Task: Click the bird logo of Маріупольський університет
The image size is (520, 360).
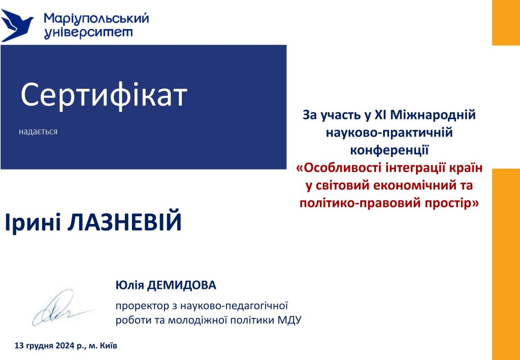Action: tap(17, 25)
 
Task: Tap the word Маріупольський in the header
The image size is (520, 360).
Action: tap(96, 19)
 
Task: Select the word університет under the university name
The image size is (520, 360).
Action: tap(88, 34)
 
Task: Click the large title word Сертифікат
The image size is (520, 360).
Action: tap(104, 95)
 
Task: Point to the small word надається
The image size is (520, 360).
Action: tap(38, 132)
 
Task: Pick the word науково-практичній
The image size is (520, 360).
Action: tap(389, 133)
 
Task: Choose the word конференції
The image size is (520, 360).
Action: tap(389, 150)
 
